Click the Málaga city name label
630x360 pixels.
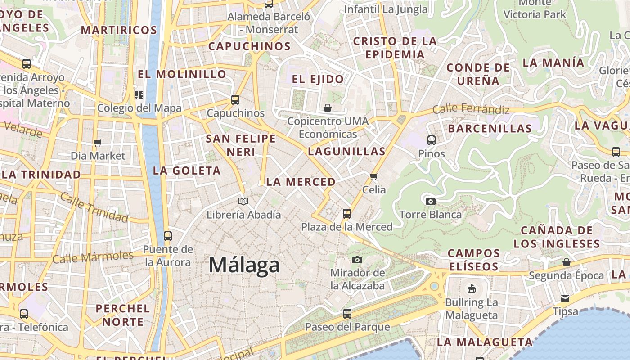coord(244,265)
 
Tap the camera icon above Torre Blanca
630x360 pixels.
coord(431,201)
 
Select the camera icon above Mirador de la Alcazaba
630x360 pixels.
coord(357,260)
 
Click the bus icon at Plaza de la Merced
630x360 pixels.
coord(346,213)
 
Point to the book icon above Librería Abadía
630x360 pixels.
coord(243,201)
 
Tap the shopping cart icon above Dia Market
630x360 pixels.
coord(98,143)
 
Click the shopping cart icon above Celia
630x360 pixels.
coord(374,176)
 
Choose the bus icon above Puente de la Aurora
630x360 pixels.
coord(168,236)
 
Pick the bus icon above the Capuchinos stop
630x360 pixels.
coord(235,100)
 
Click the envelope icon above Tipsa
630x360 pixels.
coord(565,298)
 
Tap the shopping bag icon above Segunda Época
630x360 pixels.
coord(566,262)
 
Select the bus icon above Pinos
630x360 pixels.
coord(432,140)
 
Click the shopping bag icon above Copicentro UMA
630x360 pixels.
coord(328,108)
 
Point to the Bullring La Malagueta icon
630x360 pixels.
coord(472,288)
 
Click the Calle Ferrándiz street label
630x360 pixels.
coord(471,109)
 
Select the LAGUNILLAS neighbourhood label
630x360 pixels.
coord(346,151)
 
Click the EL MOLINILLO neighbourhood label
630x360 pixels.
coord(182,74)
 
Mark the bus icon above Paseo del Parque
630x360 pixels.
coord(347,313)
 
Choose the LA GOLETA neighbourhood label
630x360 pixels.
coord(187,171)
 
